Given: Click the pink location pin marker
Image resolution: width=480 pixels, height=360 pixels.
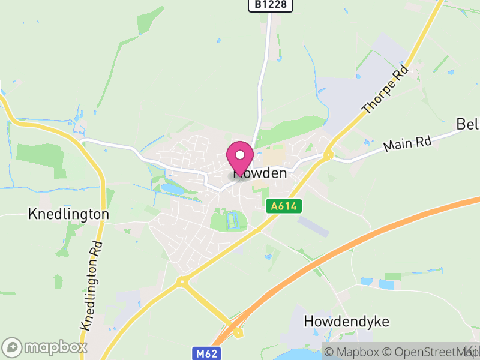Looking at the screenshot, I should tap(240, 157).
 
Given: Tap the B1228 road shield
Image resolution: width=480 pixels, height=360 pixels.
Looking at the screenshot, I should tap(271, 5).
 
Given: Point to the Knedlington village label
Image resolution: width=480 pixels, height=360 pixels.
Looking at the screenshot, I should tap(68, 214).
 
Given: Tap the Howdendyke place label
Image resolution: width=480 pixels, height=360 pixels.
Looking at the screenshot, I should tap(346, 321).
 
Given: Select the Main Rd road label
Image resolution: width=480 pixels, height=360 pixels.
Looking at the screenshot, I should tap(407, 144).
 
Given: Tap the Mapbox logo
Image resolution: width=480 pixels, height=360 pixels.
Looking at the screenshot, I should tap(46, 347).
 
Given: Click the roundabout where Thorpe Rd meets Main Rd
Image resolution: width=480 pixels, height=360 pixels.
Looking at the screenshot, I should tap(328, 155).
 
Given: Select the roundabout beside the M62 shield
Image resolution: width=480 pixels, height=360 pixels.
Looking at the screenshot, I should tap(238, 332).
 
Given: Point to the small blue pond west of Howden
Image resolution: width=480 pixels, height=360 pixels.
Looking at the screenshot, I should tap(172, 188).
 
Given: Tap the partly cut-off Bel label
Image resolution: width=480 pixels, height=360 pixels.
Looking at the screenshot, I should tap(468, 124).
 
